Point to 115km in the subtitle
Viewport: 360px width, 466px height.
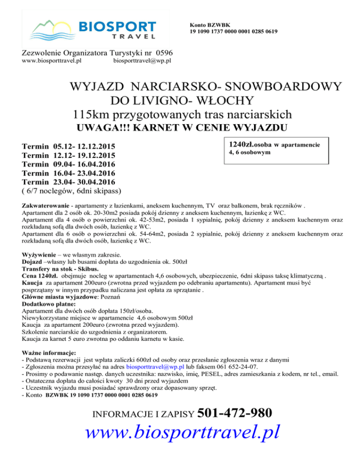click(x=90, y=114)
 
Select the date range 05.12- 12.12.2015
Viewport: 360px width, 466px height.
click(x=85, y=146)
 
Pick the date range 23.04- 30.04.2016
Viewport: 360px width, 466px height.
click(x=85, y=182)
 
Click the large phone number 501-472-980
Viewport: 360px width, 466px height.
click(x=235, y=413)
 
